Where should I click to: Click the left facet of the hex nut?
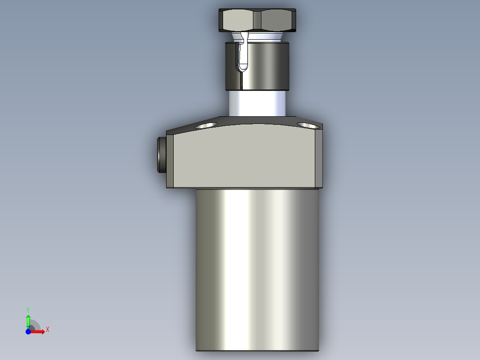[x=237, y=20]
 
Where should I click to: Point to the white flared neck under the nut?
[x=263, y=37]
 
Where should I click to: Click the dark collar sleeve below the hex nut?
[x=267, y=66]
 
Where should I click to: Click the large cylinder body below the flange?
[x=257, y=267]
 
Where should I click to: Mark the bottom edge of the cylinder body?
[x=257, y=350]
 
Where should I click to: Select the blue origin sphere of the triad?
[x=28, y=331]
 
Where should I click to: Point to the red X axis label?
[x=47, y=330]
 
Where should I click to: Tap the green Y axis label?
[x=28, y=309]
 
